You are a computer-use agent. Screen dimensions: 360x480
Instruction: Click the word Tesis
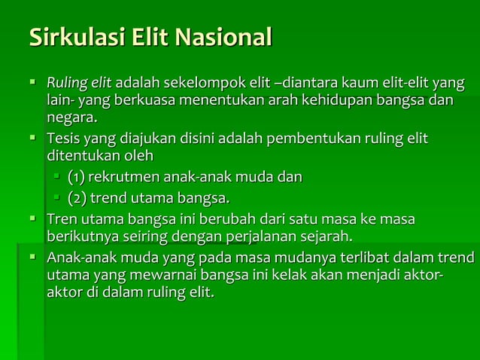point(63,139)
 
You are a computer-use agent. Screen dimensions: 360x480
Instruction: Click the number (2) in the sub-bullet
point(76,198)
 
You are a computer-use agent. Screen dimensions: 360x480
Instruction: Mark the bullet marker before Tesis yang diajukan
point(34,139)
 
